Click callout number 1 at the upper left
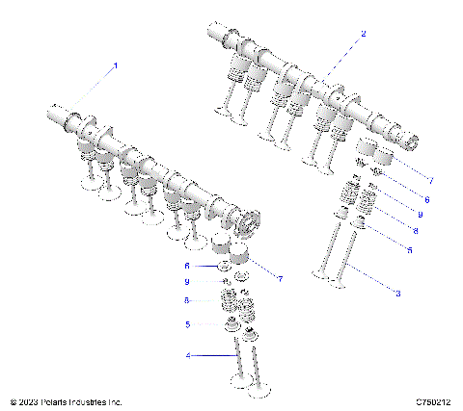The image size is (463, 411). pos(116,65)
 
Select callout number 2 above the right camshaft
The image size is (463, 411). pos(363,34)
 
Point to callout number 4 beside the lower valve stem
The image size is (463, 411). pos(189,355)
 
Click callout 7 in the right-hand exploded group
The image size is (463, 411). pos(431,179)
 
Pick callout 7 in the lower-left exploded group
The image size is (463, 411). pos(280,279)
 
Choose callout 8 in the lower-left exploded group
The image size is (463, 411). pos(189,300)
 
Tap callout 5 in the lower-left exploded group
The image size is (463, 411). pos(189,324)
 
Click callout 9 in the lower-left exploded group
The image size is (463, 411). pos(189,281)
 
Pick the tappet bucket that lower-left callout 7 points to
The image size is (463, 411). pos(238,257)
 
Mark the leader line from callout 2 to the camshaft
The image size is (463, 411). pos(342,55)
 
